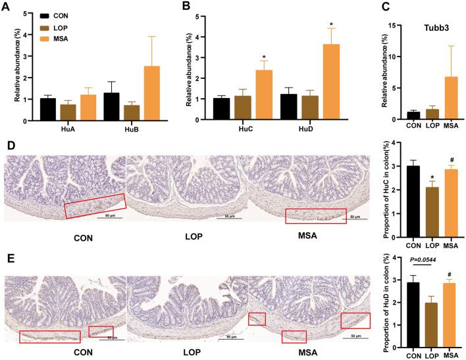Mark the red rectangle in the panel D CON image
(x=94, y=206)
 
